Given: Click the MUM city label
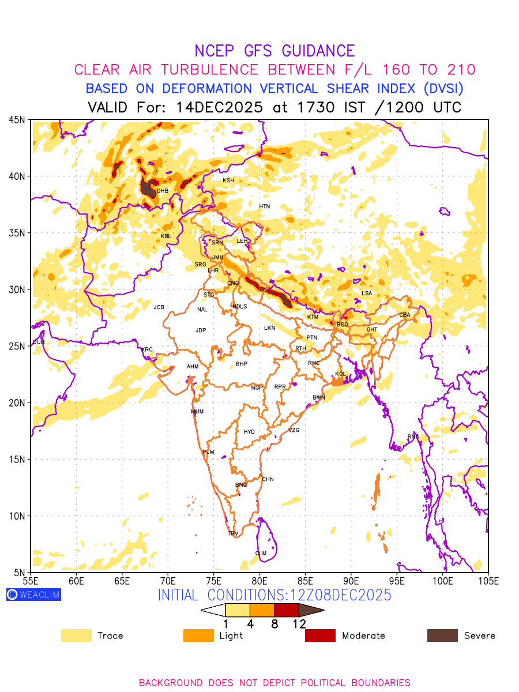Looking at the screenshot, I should tap(197, 412).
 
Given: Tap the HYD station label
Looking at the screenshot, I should tap(249, 432).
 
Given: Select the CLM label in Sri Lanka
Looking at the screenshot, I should tap(261, 554).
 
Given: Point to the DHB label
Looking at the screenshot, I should tap(163, 191).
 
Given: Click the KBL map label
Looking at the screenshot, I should tap(166, 236).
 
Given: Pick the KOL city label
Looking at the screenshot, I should tap(340, 374).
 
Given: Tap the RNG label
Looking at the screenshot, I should tap(413, 437).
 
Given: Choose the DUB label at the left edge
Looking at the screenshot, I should tap(39, 343).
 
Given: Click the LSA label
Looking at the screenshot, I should tap(367, 294).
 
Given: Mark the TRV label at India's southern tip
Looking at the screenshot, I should tap(233, 533).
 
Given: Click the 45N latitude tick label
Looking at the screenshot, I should tap(17, 119).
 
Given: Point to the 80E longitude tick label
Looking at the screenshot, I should tap(259, 581).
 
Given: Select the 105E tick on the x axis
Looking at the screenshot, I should tap(488, 581).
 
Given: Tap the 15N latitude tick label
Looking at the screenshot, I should tap(17, 460).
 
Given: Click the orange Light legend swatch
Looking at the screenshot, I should tap(198, 635).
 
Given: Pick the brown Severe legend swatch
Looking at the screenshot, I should tap(442, 635).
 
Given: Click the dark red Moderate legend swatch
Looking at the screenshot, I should tap(320, 635).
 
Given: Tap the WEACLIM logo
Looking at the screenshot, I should tap(33, 595).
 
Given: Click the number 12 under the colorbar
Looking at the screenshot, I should tap(299, 623).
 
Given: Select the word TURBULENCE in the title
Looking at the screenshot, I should tap(212, 70).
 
